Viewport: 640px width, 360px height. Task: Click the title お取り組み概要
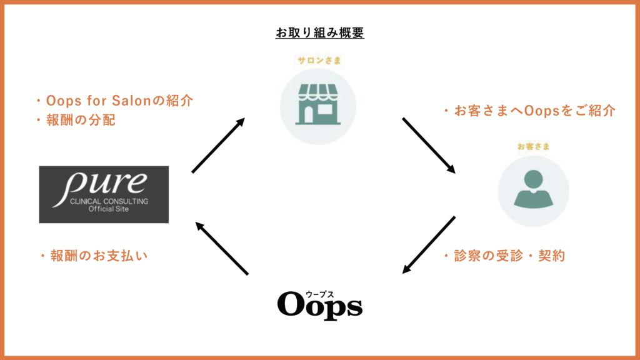pyautogui.click(x=319, y=32)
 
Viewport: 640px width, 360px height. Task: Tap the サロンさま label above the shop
pyautogui.click(x=319, y=61)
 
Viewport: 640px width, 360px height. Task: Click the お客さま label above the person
pyautogui.click(x=534, y=146)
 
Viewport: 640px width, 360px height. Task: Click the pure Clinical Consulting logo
pyautogui.click(x=104, y=194)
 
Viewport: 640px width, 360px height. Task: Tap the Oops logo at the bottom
pyautogui.click(x=319, y=305)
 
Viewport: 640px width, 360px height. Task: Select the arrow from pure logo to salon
pyautogui.click(x=218, y=145)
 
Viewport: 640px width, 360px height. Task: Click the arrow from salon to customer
pyautogui.click(x=429, y=146)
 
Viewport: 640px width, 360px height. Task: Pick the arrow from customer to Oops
pyautogui.click(x=429, y=245)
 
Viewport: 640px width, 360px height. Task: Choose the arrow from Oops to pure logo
pyautogui.click(x=222, y=248)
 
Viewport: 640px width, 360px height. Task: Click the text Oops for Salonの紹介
pyautogui.click(x=119, y=101)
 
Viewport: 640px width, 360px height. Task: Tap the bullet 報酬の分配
pyautogui.click(x=81, y=120)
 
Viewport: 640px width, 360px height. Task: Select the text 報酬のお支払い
pyautogui.click(x=99, y=256)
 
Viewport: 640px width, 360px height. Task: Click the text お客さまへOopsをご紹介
pyautogui.click(x=535, y=111)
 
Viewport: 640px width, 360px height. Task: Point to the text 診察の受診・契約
pyautogui.click(x=509, y=256)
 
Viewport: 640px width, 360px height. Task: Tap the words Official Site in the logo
pyautogui.click(x=109, y=209)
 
